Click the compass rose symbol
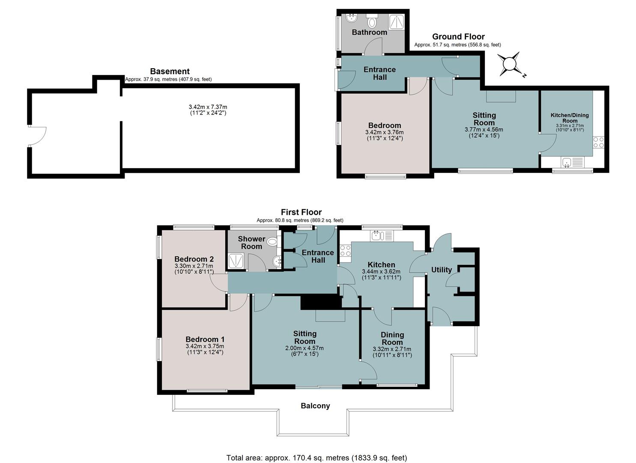click(x=510, y=64)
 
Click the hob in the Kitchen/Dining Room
click(x=598, y=142)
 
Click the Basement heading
click(x=170, y=71)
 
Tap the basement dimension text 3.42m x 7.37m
click(x=208, y=107)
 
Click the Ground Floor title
click(x=458, y=37)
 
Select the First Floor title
click(x=301, y=212)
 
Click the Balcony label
click(x=315, y=406)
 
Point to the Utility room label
click(x=442, y=270)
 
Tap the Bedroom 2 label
click(x=194, y=259)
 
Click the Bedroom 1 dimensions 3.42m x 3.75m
click(x=205, y=346)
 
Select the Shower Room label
click(x=251, y=243)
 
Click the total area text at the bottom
click(x=317, y=450)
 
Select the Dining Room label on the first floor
click(x=392, y=338)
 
